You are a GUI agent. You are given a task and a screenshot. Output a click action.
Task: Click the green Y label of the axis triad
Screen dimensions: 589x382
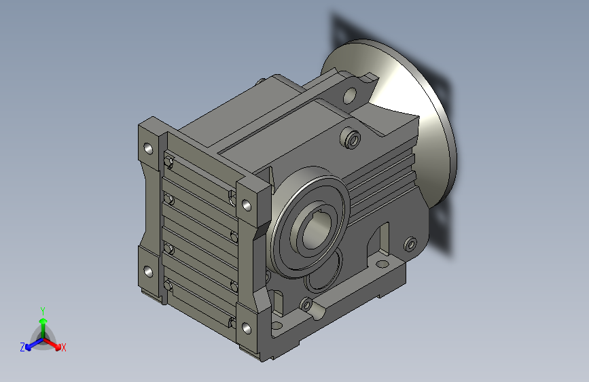pos(43,311)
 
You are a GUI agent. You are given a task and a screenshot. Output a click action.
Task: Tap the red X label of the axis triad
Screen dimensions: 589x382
pos(63,348)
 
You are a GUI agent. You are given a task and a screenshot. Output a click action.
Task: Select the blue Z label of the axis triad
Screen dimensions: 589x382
pos(22,347)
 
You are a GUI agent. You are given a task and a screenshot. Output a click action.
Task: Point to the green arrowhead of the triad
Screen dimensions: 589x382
pos(43,321)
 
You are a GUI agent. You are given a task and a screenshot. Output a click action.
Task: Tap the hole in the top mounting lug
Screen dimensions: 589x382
pos(349,96)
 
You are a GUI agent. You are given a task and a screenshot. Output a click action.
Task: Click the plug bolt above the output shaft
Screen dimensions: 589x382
pos(351,139)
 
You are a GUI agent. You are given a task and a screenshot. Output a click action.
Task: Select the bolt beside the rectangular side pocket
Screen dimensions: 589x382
pos(410,245)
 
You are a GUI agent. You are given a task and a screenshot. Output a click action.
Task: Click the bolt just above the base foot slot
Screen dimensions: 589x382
pos(306,304)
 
